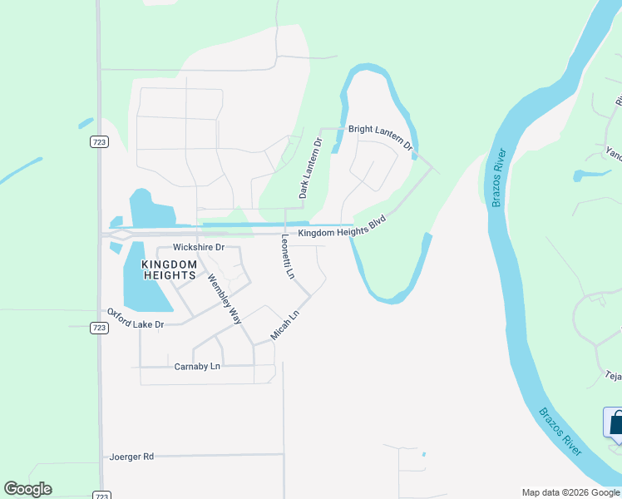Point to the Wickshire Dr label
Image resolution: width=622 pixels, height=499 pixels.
coord(198,248)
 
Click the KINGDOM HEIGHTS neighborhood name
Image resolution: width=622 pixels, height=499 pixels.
coord(168,269)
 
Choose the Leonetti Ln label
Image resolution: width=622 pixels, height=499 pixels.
coord(287,256)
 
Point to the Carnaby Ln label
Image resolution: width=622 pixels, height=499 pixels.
coord(197,366)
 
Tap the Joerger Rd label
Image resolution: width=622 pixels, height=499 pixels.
coord(131,457)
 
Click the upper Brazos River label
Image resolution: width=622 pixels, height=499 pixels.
coord(497,178)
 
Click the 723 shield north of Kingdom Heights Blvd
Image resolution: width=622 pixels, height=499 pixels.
coord(99,142)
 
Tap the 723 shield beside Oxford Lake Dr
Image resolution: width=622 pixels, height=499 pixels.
coord(99,328)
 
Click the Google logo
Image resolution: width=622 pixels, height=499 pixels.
coord(27,489)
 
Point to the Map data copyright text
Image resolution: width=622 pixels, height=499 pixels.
coord(570,493)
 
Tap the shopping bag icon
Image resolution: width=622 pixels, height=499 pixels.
coord(616,422)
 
